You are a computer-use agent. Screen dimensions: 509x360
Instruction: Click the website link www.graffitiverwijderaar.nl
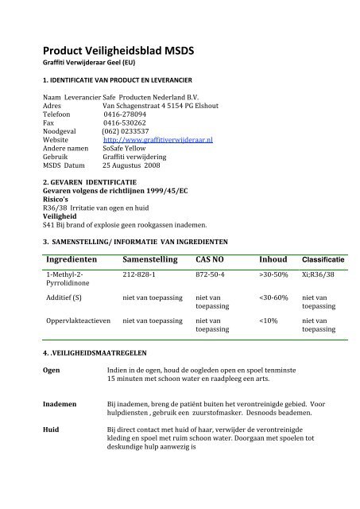(153, 139)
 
